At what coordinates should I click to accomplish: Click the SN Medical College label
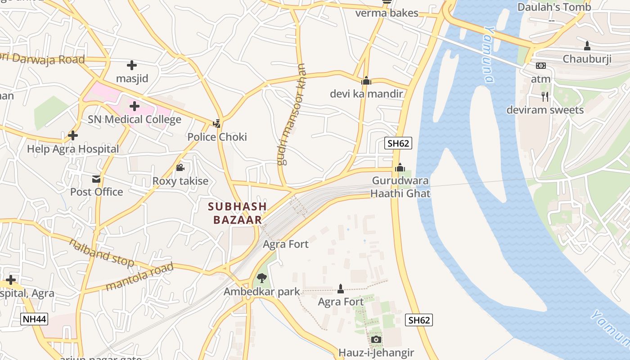click(x=135, y=119)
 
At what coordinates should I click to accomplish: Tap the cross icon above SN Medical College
click(x=134, y=107)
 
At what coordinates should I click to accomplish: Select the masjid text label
click(x=132, y=78)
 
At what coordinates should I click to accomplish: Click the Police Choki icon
click(x=217, y=123)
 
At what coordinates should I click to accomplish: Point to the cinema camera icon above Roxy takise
click(x=180, y=168)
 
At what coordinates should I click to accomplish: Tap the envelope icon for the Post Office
click(x=96, y=179)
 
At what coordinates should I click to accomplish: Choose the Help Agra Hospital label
click(x=73, y=149)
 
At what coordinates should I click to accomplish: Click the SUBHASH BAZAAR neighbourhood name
click(x=237, y=213)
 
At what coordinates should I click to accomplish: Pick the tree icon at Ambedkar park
click(x=261, y=278)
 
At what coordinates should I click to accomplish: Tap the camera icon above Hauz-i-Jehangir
click(x=376, y=339)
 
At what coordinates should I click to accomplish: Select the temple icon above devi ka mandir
click(x=366, y=81)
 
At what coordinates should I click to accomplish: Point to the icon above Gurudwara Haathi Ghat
click(x=400, y=168)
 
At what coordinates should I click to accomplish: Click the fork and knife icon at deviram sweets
click(x=545, y=97)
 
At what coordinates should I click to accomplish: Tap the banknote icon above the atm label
click(x=540, y=66)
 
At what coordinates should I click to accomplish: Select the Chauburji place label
click(x=587, y=59)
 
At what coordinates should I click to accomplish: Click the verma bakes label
click(x=387, y=13)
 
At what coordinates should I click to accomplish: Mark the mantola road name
click(x=139, y=277)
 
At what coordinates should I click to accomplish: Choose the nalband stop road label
click(x=102, y=253)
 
